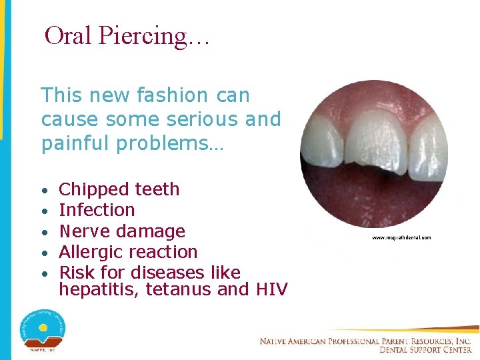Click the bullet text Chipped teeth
click(119, 189)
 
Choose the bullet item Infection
click(97, 210)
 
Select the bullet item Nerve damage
click(122, 231)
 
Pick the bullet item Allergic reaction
click(128, 252)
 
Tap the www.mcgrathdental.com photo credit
click(401, 237)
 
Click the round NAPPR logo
click(42, 327)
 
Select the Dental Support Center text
click(425, 349)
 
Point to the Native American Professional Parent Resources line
click(365, 341)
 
